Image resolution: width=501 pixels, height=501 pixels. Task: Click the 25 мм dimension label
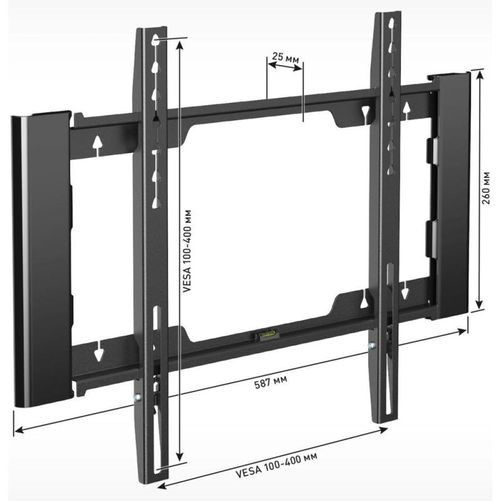(286, 58)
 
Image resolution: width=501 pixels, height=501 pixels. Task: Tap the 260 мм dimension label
(486, 188)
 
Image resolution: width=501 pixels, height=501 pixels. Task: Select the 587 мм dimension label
(271, 382)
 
